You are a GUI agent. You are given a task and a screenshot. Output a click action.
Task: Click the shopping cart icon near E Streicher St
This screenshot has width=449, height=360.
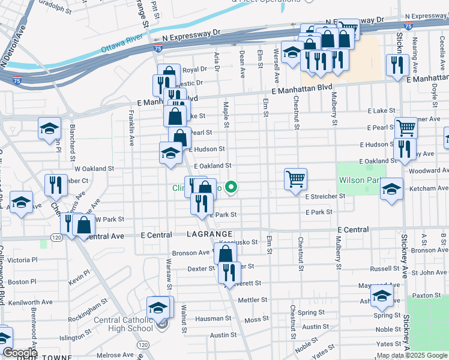[x=295, y=178]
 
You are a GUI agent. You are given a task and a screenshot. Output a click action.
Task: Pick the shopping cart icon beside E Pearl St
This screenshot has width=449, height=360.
[x=406, y=127]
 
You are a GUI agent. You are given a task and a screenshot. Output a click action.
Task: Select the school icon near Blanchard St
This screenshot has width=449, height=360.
[x=49, y=128]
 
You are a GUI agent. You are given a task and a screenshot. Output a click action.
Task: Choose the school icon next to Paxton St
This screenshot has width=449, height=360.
[x=382, y=295]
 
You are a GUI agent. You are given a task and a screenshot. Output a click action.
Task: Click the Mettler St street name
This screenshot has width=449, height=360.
[x=252, y=299]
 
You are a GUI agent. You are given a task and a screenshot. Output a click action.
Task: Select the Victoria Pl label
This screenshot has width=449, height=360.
[x=22, y=260]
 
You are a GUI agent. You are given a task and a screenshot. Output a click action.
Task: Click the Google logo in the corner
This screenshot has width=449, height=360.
[x=20, y=353]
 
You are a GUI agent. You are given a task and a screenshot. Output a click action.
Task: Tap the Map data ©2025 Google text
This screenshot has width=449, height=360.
[x=412, y=355]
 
